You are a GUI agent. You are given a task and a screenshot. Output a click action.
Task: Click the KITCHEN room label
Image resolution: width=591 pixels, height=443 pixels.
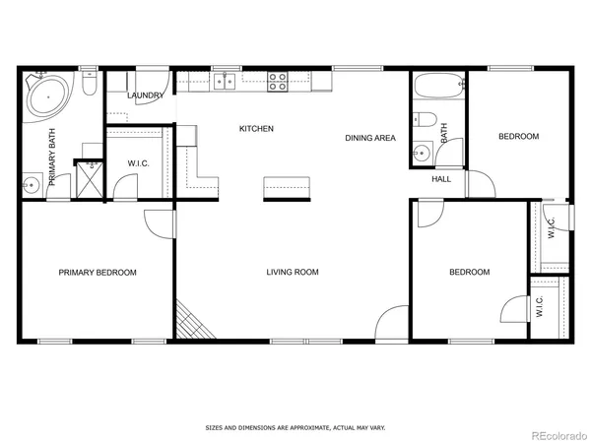point(256,129)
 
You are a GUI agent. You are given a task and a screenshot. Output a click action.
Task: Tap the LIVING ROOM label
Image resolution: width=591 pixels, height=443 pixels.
point(293,273)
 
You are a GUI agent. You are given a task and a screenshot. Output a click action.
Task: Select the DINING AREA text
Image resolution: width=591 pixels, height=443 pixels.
point(369,138)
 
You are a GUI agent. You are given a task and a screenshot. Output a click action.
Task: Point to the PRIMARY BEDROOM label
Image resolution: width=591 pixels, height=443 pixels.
point(97,273)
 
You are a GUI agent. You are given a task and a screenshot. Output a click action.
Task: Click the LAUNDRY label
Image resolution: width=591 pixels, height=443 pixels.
point(144,95)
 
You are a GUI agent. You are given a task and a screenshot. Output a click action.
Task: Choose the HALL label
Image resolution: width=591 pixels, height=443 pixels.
point(441,178)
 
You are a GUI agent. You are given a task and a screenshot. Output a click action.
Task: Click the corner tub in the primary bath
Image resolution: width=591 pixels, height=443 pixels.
point(47,96)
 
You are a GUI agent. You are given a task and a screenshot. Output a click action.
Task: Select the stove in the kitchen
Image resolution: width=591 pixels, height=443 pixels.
point(278,82)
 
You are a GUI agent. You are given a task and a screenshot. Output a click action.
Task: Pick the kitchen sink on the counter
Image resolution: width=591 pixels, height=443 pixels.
point(226,82)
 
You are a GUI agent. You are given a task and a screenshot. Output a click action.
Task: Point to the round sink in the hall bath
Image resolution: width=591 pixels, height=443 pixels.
point(423,153)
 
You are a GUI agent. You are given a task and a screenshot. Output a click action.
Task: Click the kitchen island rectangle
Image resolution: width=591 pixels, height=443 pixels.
point(287,189)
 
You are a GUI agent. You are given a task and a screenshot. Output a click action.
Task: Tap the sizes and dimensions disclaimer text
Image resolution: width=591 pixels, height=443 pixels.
point(295,428)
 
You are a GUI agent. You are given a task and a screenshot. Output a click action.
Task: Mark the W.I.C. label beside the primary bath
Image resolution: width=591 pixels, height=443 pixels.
point(138,163)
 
